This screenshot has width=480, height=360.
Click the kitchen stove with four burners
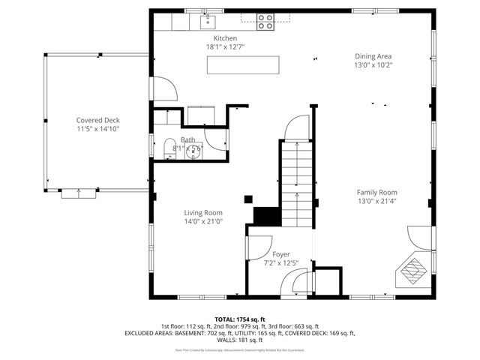265,22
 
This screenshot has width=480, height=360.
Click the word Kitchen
225,38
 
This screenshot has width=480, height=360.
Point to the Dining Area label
373,56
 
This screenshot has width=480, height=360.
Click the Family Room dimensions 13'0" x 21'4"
376,202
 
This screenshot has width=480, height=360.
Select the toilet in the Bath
169,146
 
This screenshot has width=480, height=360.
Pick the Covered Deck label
97,120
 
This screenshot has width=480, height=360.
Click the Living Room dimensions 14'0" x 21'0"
203,222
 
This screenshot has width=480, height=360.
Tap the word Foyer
280,254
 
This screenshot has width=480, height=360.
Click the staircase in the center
296,180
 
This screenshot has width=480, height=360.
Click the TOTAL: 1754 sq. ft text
240,319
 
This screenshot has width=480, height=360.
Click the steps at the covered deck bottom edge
79,193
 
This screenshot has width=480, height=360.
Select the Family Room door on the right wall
420,238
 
